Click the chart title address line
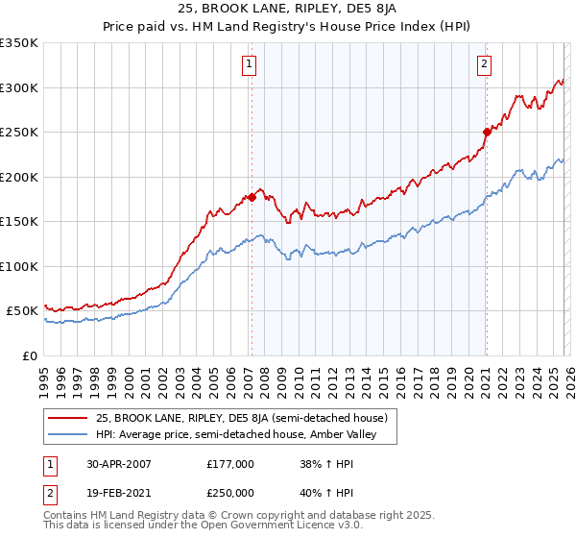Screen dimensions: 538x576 click(x=287, y=10)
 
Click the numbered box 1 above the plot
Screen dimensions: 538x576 click(x=249, y=64)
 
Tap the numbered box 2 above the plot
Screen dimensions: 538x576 click(x=484, y=64)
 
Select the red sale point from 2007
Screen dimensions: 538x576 click(x=252, y=197)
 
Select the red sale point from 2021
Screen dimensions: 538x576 click(x=487, y=133)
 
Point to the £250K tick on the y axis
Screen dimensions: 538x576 click(x=19, y=132)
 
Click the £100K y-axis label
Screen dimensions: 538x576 click(x=19, y=266)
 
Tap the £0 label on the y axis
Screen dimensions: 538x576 click(x=29, y=355)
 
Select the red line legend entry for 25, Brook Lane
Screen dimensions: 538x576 click(x=242, y=418)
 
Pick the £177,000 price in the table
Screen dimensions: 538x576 click(x=229, y=463)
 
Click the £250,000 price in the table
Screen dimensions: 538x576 click(x=229, y=492)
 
